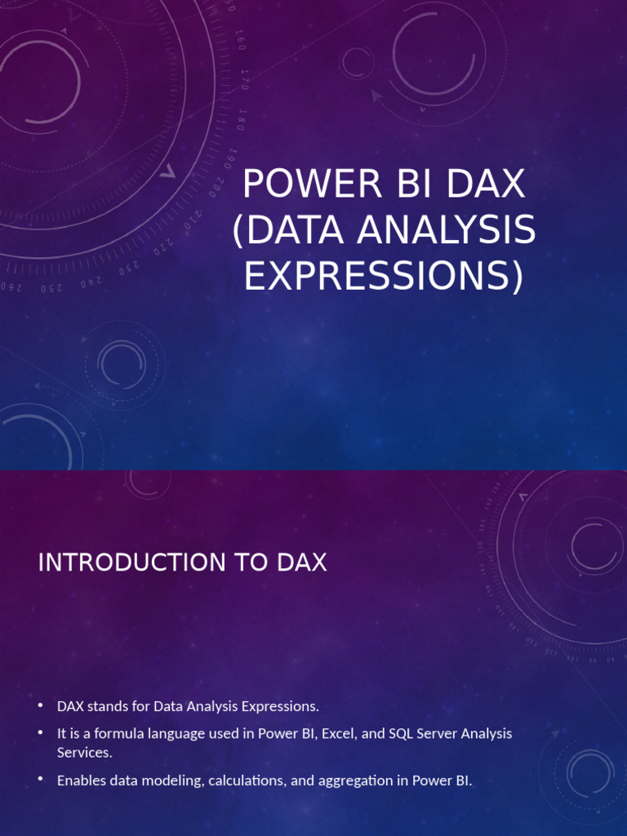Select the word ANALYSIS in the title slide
tap(446, 231)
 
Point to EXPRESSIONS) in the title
tap(384, 277)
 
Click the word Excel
tap(339, 733)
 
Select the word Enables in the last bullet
tap(80, 780)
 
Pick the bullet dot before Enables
tap(40, 780)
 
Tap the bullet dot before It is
tap(40, 733)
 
